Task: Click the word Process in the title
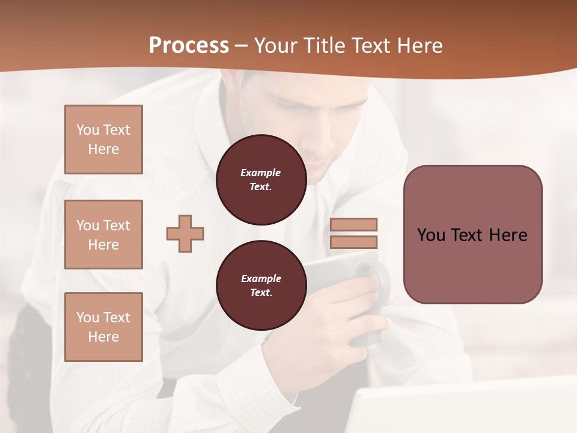189,46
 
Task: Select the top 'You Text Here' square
103,140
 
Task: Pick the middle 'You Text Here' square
103,235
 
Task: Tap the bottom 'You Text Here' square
103,327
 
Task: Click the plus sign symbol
185,233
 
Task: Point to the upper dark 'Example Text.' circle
261,180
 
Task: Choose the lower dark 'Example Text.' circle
261,286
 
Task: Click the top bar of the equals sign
354,224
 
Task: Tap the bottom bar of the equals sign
354,242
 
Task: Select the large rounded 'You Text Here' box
472,235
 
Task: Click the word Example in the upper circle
261,173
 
